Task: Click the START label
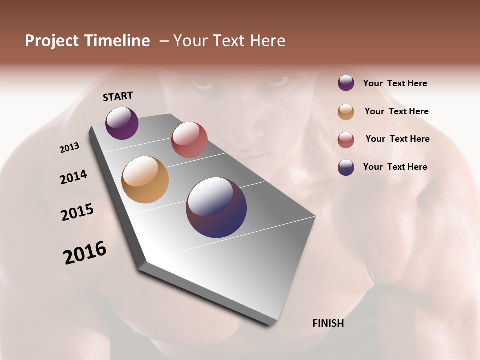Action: point(118,96)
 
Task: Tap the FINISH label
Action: point(328,323)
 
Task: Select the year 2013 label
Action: point(69,148)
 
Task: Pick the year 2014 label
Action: point(73,177)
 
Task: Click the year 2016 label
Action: point(85,253)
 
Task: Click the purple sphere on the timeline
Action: point(122,123)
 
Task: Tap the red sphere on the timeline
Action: point(189,140)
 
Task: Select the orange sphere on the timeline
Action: point(145,180)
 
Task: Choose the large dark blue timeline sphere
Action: point(216,207)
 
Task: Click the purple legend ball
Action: point(346,83)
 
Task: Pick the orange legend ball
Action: point(346,112)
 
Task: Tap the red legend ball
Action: point(346,140)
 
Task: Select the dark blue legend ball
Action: point(346,167)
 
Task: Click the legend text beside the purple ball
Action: point(395,84)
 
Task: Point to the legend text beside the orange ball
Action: point(396,111)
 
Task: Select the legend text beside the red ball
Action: point(397,139)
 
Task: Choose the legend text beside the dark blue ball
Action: point(395,167)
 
